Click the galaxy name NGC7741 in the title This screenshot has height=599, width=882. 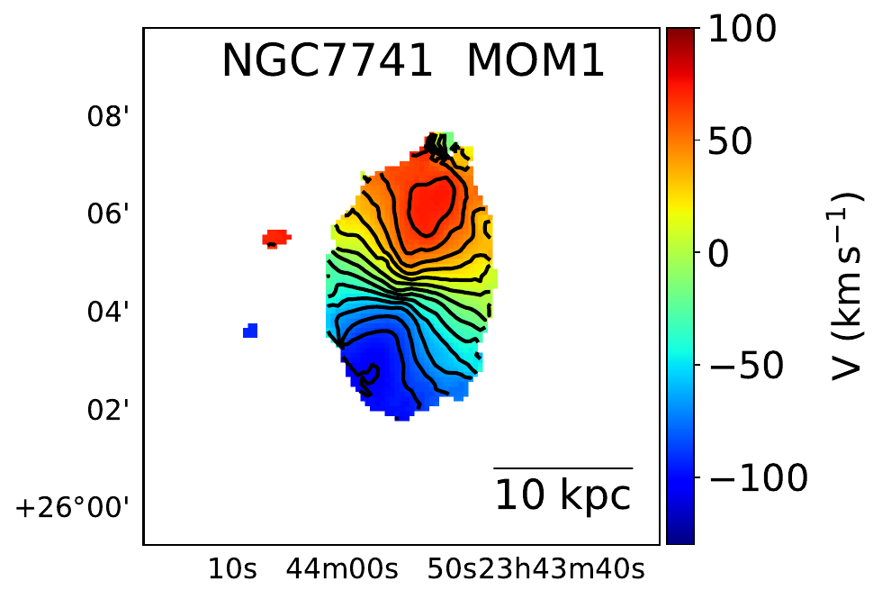328,63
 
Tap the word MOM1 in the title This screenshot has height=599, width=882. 535,63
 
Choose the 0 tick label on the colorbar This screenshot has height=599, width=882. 717,255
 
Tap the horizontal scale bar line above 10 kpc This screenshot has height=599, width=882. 562,468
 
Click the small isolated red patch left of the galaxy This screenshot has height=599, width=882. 276,238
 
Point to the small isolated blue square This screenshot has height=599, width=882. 250,331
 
